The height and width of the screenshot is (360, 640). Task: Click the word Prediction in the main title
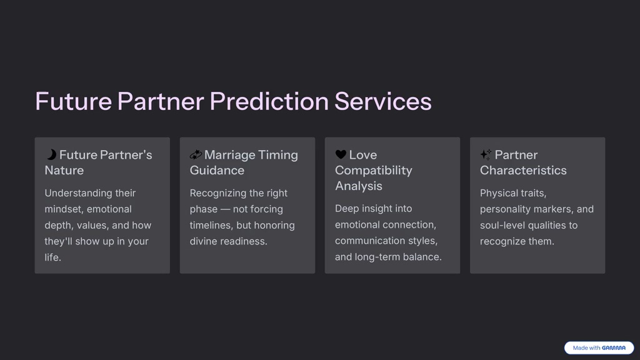[269, 101]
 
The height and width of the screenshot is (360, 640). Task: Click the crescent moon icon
[51, 154]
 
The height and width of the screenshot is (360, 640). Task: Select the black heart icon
[341, 154]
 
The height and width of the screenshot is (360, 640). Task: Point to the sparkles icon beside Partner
[486, 154]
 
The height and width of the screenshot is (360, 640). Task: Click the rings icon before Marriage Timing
[196, 154]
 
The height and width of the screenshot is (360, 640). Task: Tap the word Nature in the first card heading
[64, 170]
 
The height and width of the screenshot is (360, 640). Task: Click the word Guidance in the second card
[217, 170]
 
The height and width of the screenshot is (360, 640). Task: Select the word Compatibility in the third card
[373, 170]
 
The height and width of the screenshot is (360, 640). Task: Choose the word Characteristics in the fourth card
[523, 170]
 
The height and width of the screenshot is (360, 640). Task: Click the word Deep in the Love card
[347, 209]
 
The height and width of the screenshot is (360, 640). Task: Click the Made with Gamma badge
[599, 348]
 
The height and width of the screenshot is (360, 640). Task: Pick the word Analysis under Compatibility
[358, 186]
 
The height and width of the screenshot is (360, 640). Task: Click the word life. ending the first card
[52, 257]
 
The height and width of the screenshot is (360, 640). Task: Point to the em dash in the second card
[225, 209]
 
